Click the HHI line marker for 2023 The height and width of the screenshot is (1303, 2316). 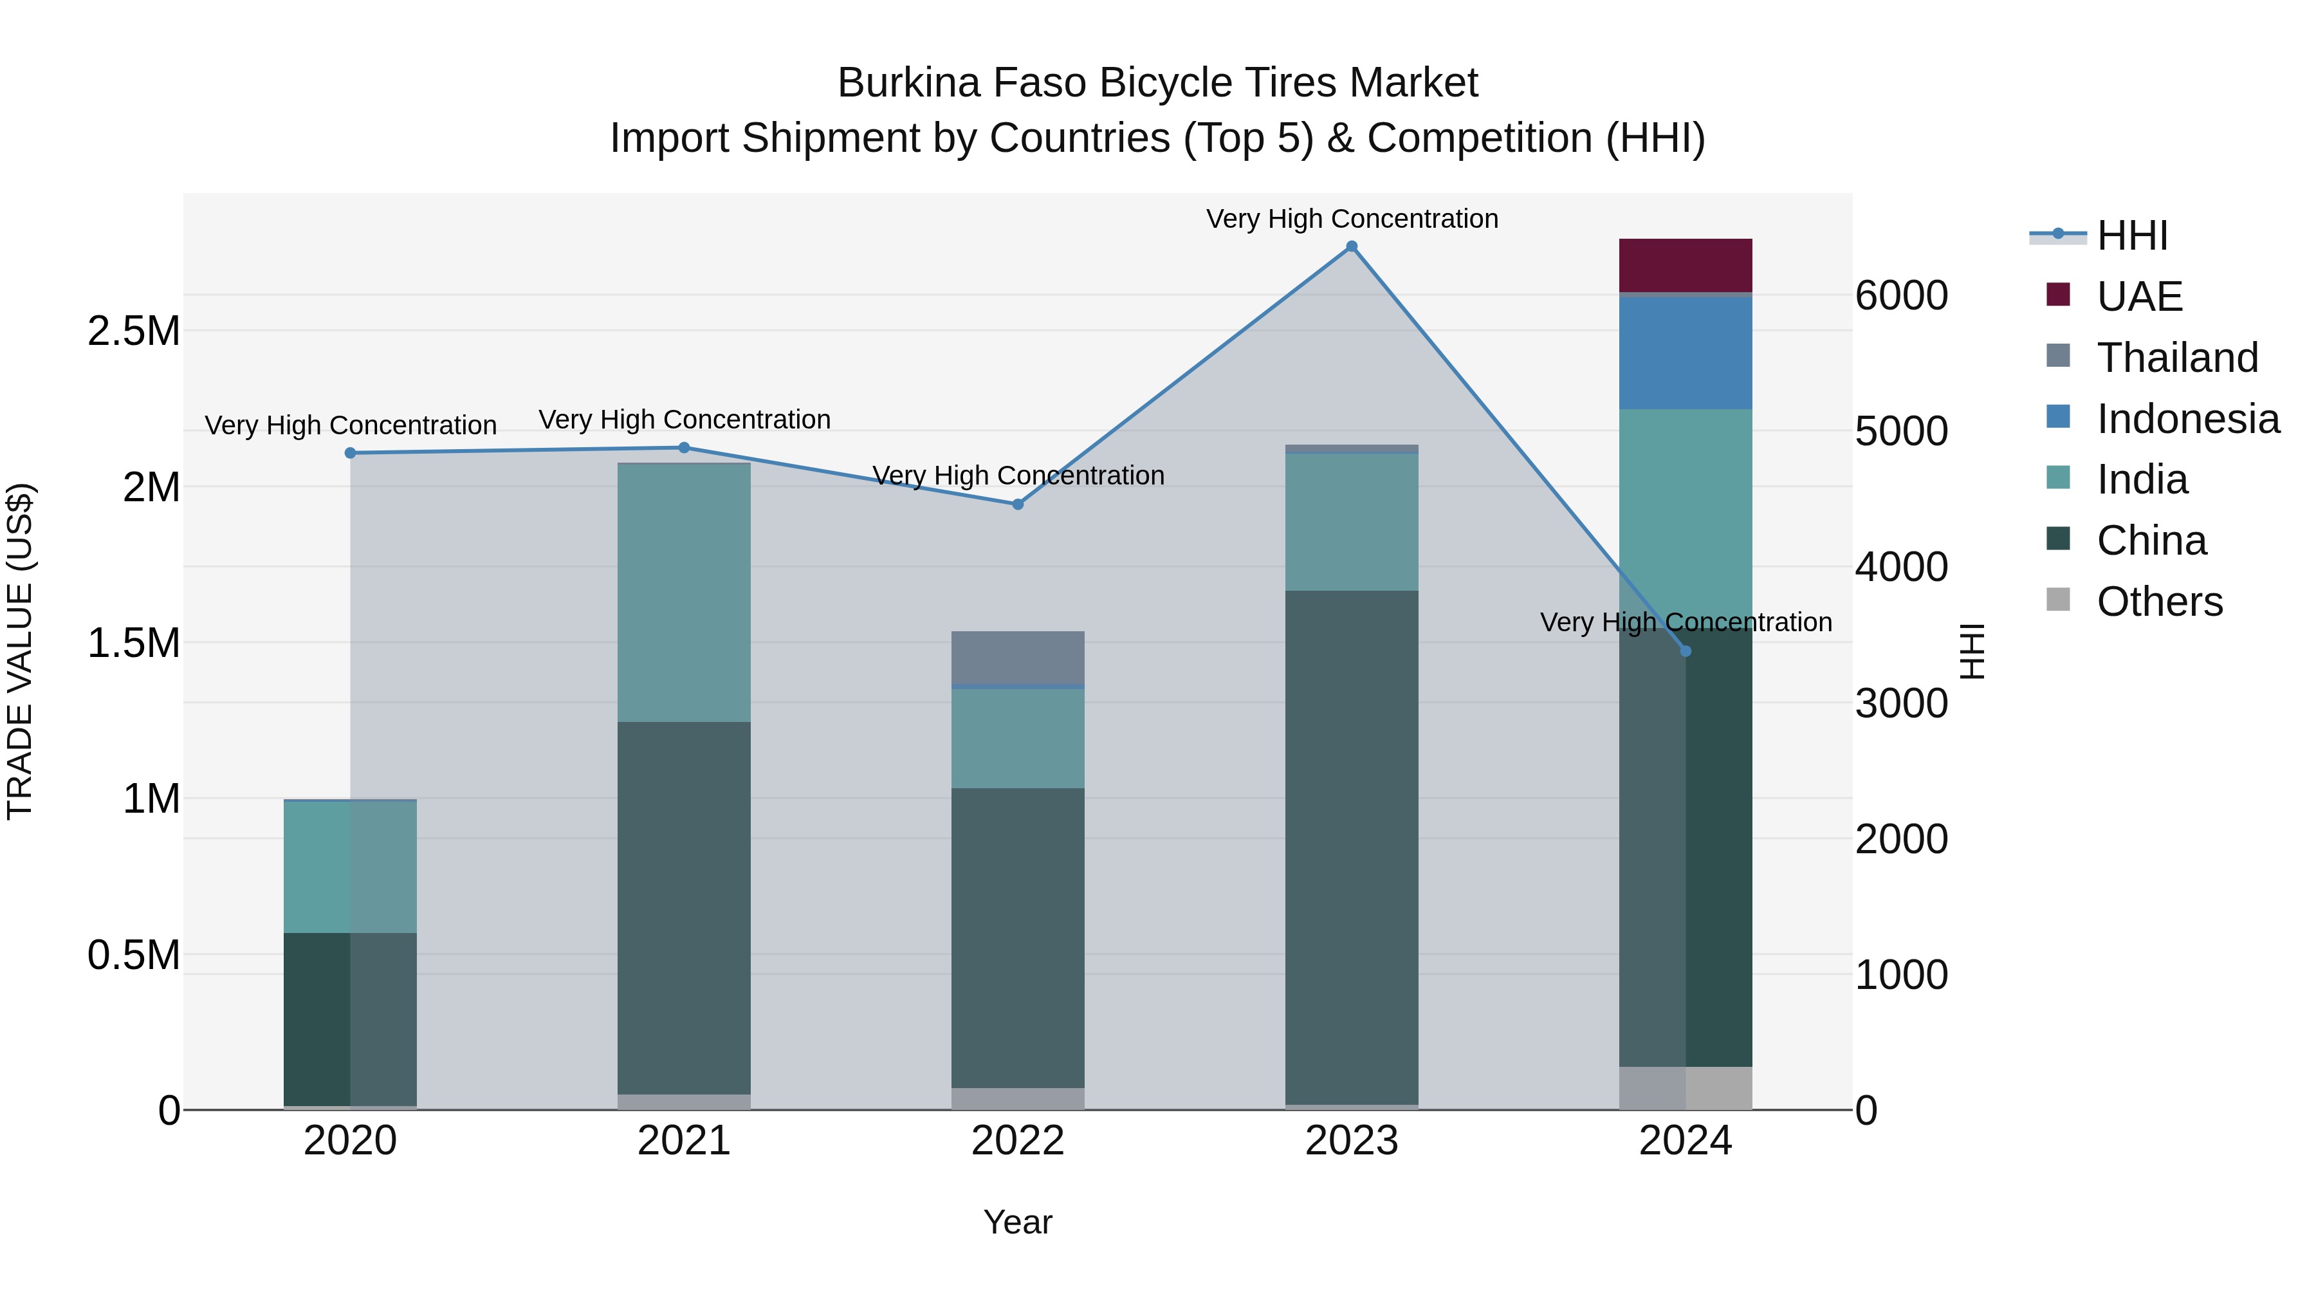tap(1351, 246)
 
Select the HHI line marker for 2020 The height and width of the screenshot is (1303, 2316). tap(351, 453)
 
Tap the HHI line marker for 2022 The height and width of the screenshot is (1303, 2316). tap(1018, 504)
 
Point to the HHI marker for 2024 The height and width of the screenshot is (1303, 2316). tap(1686, 651)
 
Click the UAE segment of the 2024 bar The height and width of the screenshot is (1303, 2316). tap(1686, 265)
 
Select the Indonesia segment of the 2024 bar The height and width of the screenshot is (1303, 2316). tap(1686, 353)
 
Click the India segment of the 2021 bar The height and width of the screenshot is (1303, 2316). tap(685, 592)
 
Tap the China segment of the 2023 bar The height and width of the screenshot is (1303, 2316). tap(1351, 846)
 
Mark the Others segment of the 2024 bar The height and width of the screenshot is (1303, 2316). tap(1686, 1088)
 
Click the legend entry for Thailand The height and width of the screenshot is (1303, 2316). tap(2176, 358)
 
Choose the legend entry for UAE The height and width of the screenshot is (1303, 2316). tap(2139, 297)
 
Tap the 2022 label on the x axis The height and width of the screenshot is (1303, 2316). tap(1018, 1141)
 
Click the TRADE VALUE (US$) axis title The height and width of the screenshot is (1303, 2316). tap(20, 651)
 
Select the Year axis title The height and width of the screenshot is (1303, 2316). tap(1018, 1222)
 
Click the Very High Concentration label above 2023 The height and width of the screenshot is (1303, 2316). tap(1351, 219)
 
